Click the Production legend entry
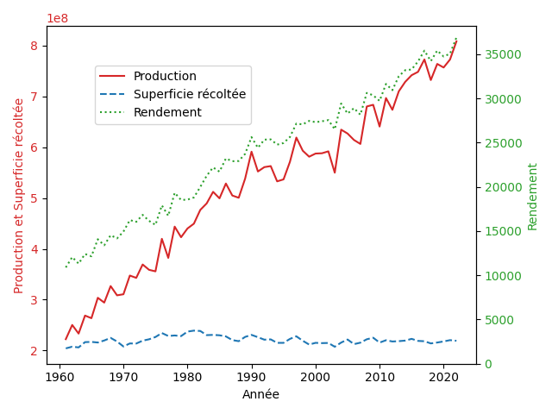point(147,76)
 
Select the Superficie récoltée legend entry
point(172,94)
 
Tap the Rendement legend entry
point(150,112)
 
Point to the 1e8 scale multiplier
point(58,18)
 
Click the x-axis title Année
point(260,394)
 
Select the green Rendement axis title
point(532,197)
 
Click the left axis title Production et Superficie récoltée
point(18,196)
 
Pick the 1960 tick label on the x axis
point(60,377)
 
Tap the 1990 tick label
point(251,377)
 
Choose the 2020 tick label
point(443,377)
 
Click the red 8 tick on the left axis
point(34,46)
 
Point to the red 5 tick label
point(34,198)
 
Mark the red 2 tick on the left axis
point(34,351)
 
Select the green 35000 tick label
point(503,54)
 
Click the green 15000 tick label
point(503,231)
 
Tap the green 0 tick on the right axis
point(488,364)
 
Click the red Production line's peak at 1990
point(252,152)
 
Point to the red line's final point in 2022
point(456,41)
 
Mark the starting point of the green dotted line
point(66,267)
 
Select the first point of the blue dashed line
point(66,348)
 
